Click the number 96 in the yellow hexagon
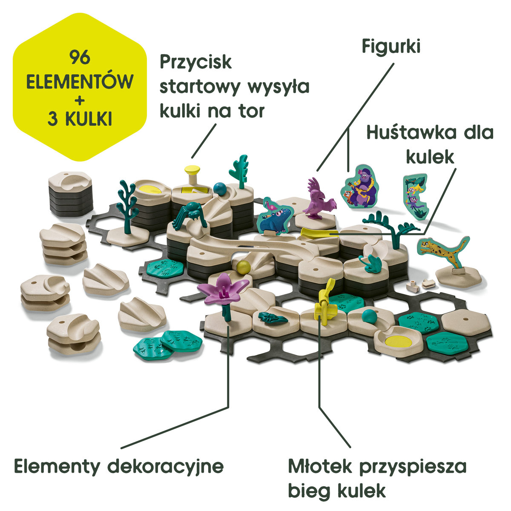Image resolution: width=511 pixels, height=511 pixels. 80,57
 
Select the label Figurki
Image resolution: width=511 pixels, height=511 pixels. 391,46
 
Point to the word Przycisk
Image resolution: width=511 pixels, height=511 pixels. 196,62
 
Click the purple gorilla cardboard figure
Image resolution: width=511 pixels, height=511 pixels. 362,186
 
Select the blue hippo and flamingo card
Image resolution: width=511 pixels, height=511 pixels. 275,215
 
